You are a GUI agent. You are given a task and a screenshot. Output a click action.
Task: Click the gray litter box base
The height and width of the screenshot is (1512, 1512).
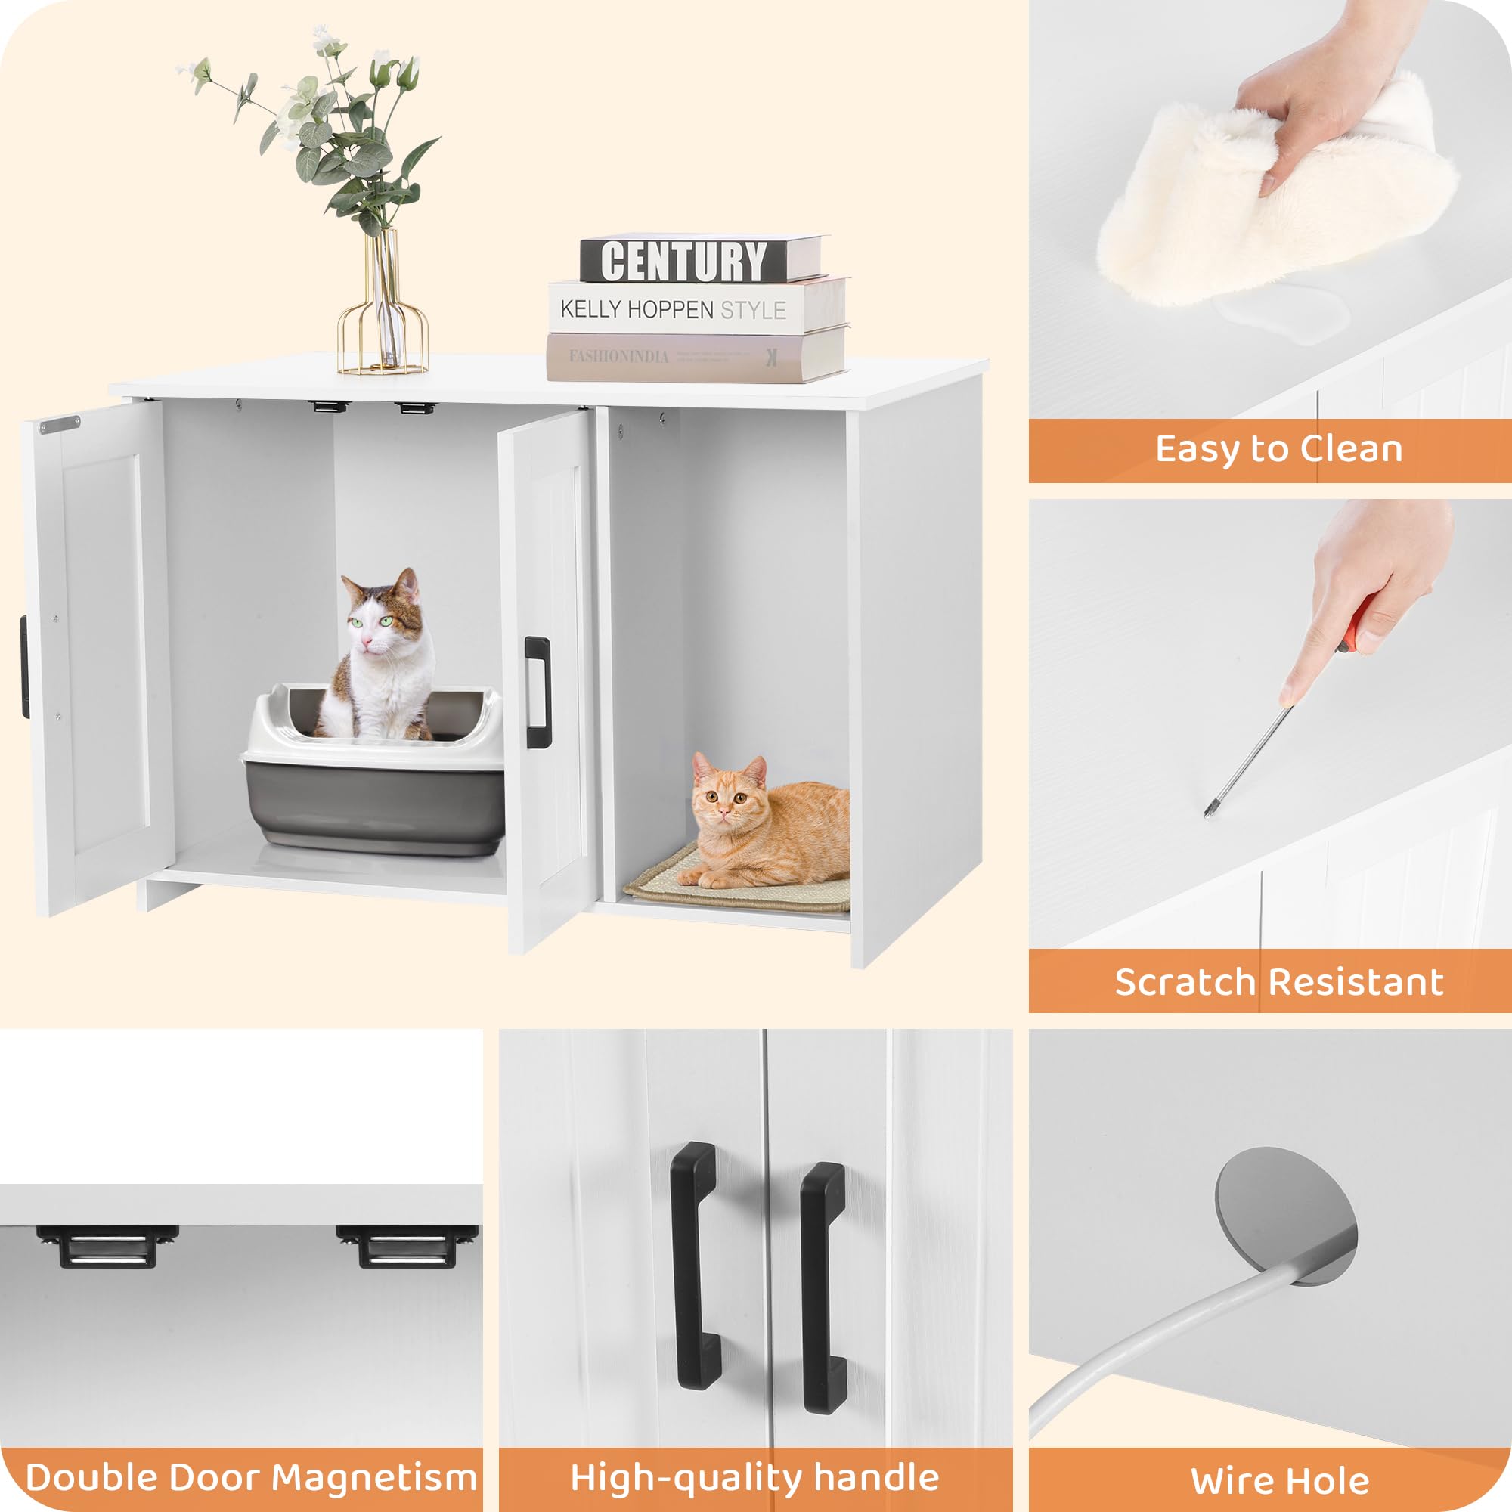374,806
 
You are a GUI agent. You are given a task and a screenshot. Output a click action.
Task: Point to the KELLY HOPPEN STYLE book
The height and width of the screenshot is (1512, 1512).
689,308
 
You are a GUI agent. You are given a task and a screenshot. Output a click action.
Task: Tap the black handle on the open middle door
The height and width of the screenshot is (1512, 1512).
537,692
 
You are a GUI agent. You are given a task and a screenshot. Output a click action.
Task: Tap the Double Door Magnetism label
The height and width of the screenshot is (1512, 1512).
250,1476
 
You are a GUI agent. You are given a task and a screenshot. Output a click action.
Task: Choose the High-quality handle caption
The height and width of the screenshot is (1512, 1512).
754,1476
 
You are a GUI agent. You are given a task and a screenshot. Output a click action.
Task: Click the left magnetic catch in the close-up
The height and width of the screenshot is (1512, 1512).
107,1245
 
